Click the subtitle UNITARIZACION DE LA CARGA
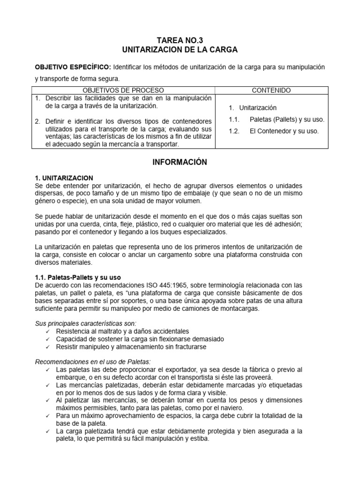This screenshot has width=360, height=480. (x=180, y=50)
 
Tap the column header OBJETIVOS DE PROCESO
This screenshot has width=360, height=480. (x=123, y=90)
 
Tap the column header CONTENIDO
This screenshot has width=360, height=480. (x=271, y=90)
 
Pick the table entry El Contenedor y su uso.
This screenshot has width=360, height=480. (x=284, y=131)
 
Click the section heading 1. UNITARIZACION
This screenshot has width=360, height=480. (x=64, y=178)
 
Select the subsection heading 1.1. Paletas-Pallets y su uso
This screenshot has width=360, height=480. (x=78, y=277)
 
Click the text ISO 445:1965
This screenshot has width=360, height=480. (x=202, y=285)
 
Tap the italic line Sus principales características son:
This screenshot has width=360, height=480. (x=86, y=323)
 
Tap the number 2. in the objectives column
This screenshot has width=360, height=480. (x=37, y=121)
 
